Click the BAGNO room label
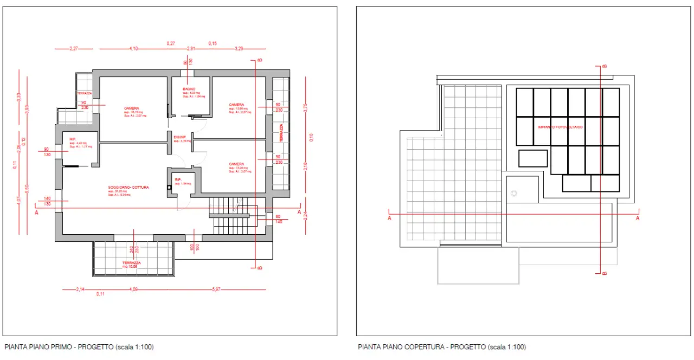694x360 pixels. (x=189, y=88)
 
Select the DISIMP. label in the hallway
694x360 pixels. (x=180, y=137)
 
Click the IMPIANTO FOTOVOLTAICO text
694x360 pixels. (x=560, y=127)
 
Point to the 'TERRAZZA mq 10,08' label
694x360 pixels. (x=131, y=265)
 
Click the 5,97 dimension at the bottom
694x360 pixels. (x=216, y=290)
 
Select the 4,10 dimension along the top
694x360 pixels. (x=134, y=49)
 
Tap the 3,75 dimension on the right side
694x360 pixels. (x=305, y=107)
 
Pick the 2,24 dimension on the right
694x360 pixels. (x=305, y=215)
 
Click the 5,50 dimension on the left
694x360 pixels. (x=27, y=187)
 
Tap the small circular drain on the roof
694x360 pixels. (x=514, y=193)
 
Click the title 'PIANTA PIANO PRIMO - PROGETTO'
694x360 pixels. (x=75, y=347)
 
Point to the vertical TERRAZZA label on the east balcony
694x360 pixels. (x=281, y=133)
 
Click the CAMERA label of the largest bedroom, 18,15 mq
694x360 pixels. (x=132, y=108)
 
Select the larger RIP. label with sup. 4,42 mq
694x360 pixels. (x=73, y=139)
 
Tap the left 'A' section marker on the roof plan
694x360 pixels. (x=390, y=218)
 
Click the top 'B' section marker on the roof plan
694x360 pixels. (x=604, y=66)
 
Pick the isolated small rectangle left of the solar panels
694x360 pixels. (x=533, y=158)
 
